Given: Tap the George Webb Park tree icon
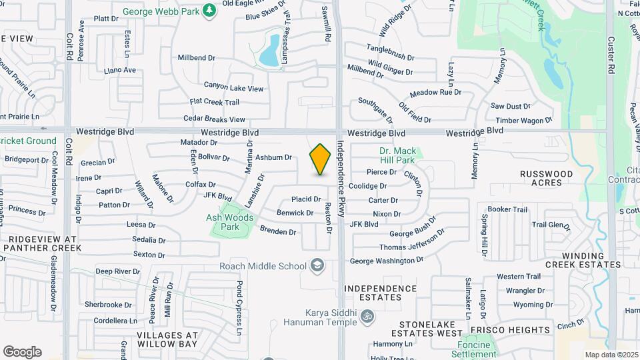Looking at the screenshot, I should (209, 10).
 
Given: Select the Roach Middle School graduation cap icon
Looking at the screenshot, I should (317, 266).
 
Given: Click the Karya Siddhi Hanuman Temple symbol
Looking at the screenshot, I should (366, 315).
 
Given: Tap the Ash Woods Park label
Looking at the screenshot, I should (230, 222).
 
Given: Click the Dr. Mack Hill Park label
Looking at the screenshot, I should (397, 155).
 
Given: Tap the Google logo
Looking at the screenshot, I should (22, 351).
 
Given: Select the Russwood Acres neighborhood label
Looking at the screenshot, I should (547, 178).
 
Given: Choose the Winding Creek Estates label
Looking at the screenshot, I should (591, 260).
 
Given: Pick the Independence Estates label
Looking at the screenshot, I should (381, 293).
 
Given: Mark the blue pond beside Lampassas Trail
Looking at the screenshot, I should (270, 51).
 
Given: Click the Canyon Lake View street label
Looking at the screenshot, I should (234, 87).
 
